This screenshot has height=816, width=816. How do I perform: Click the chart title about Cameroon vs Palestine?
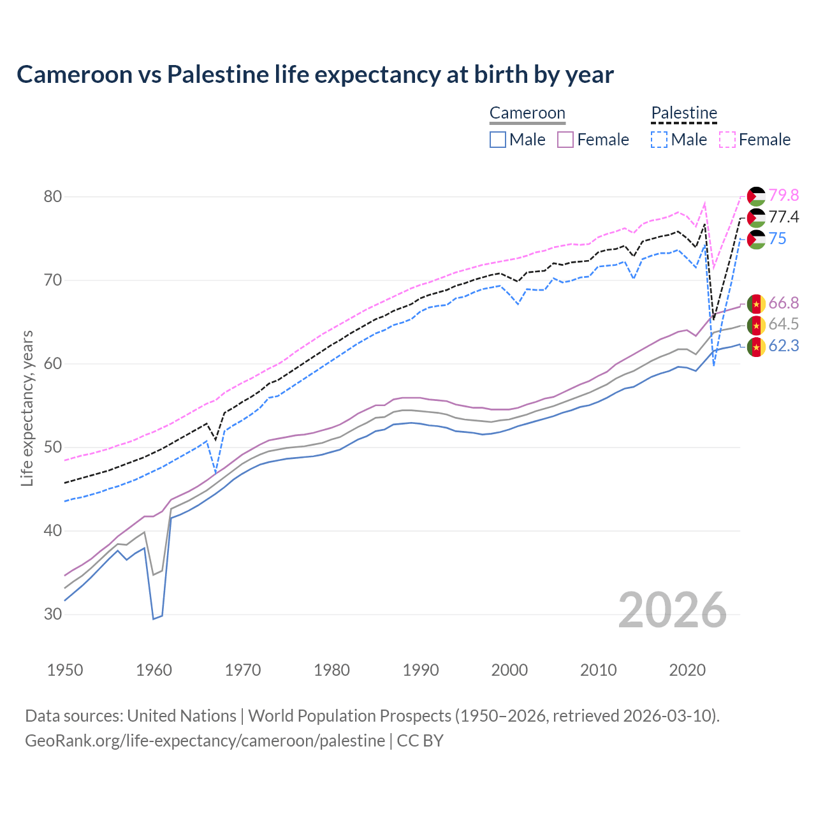point(315,75)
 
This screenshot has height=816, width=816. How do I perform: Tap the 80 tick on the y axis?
point(53,196)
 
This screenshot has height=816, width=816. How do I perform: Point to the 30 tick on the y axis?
point(53,615)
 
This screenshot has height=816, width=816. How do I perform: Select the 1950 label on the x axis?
point(65,670)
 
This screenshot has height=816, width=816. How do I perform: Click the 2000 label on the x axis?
point(509,670)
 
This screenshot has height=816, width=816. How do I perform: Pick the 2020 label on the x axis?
point(687,670)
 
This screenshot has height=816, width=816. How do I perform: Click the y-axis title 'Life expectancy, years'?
point(27,408)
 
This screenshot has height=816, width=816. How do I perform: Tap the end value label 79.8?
point(783,195)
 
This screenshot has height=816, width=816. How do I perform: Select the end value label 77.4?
point(783,217)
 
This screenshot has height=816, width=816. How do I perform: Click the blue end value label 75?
point(777,239)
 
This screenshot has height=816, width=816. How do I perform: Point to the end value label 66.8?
point(783,303)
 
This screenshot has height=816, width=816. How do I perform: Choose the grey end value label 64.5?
point(783,324)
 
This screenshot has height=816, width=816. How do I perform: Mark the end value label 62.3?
point(783,346)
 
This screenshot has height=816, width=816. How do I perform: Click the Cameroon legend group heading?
point(527,113)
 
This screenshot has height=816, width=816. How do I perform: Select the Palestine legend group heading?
point(684,113)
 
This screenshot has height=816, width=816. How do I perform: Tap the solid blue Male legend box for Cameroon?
point(498,140)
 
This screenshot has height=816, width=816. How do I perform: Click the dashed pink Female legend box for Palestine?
point(727,140)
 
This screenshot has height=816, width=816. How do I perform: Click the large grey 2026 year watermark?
point(673,610)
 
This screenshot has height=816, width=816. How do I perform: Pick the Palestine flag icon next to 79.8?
point(756,196)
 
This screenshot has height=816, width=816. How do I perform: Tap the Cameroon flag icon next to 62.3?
point(756,347)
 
